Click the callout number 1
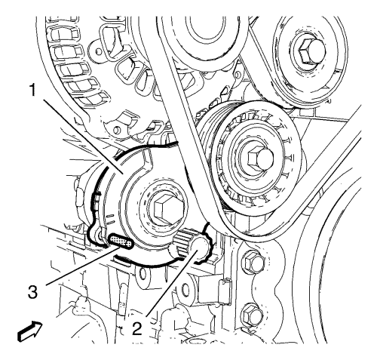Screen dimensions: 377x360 click(x=33, y=91)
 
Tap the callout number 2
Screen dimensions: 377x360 click(x=137, y=328)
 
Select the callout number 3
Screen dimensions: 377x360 click(x=32, y=292)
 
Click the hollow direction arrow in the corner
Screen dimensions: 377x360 click(x=29, y=331)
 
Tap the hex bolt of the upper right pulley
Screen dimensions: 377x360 click(x=311, y=52)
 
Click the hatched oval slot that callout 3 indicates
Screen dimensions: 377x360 click(x=121, y=242)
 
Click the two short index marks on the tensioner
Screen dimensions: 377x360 click(x=111, y=220)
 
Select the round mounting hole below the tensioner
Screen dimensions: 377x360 click(x=143, y=273)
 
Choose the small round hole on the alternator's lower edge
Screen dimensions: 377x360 click(x=116, y=130)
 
